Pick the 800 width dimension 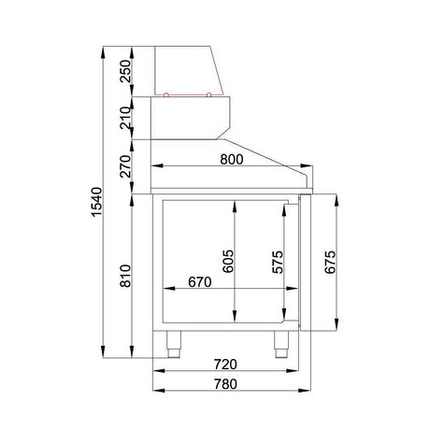coord(231,160)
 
